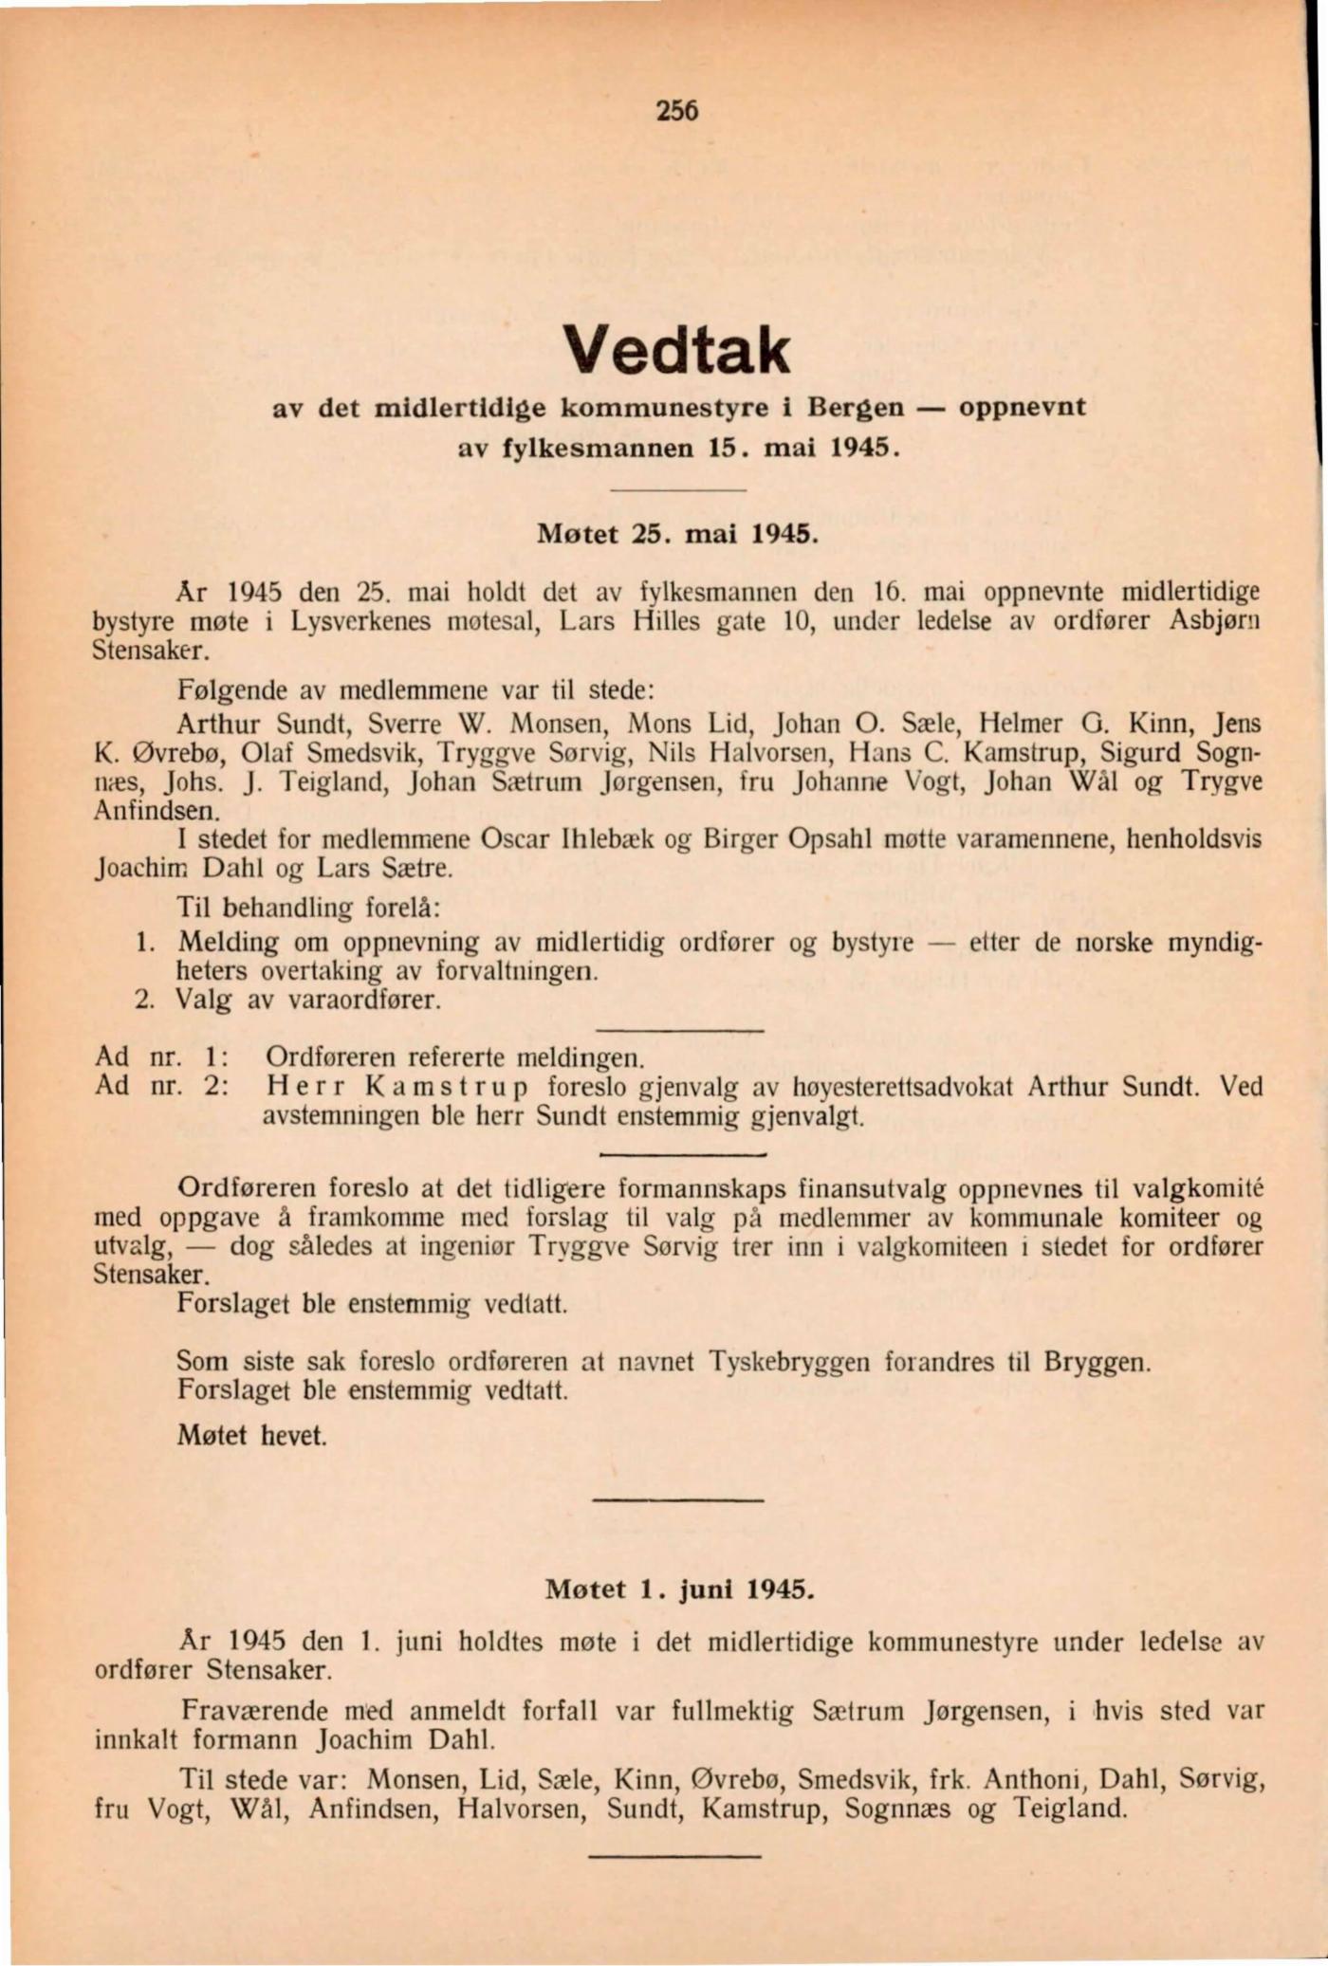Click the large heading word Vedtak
(676, 350)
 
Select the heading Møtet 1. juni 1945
(679, 1589)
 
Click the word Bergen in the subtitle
(856, 408)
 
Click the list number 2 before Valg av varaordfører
(144, 1001)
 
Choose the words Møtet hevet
(251, 1435)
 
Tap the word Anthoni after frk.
(1029, 1778)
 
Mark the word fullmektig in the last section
(733, 1712)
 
